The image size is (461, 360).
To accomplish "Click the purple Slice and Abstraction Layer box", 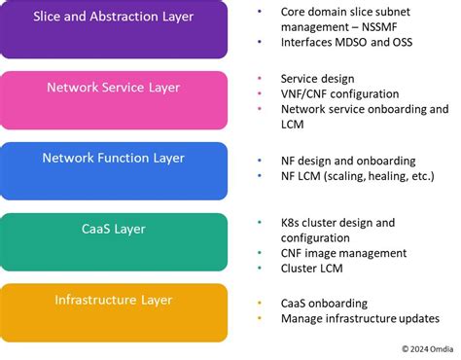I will tap(114, 29).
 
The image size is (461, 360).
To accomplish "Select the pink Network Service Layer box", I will tap(114, 100).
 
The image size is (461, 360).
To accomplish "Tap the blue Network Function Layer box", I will tap(114, 170).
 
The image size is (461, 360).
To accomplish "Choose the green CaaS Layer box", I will tap(114, 241).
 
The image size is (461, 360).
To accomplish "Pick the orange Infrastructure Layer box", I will tap(114, 311).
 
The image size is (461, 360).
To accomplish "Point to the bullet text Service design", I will tap(317, 79).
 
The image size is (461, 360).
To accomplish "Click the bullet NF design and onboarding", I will tap(348, 161).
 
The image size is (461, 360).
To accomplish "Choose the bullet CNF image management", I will tap(344, 254).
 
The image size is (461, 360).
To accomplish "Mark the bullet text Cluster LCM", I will tap(313, 270).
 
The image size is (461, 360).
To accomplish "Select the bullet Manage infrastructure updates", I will tap(360, 318).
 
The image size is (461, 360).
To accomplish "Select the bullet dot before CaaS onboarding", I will tap(260, 303).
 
